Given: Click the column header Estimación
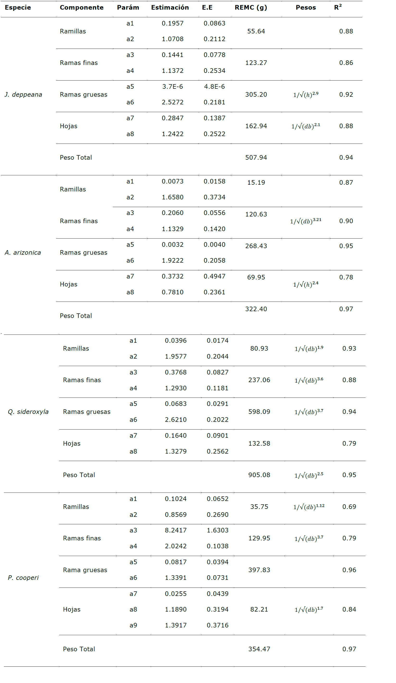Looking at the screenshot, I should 170,8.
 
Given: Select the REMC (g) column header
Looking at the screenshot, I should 251,8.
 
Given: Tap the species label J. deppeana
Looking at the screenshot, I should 23,95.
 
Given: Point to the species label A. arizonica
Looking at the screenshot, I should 23,253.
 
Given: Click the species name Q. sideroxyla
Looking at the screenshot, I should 28,412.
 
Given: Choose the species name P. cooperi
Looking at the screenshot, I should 23,578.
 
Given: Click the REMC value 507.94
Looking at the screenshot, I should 256,158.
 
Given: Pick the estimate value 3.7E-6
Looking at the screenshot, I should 173,87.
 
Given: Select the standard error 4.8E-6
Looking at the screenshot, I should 214,87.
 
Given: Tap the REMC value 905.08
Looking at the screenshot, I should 259,475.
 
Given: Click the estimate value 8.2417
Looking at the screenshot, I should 175,530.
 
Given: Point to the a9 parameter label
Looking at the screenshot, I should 133,625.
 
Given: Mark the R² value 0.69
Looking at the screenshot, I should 349,506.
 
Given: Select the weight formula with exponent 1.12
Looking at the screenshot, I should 309,506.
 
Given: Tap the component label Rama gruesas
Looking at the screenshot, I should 85,570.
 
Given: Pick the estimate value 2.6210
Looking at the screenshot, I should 175,420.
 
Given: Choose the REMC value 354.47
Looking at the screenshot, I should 259,649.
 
